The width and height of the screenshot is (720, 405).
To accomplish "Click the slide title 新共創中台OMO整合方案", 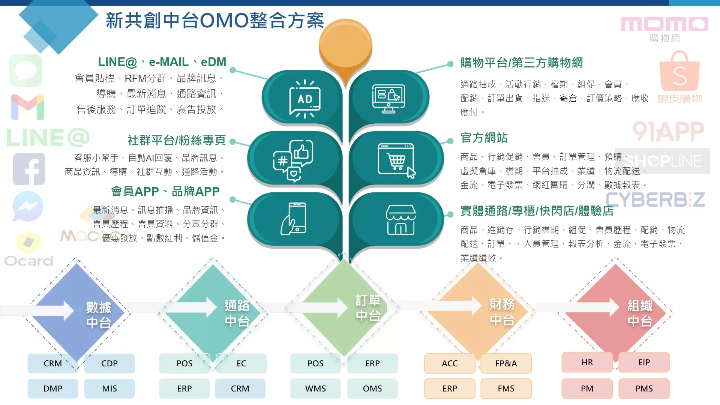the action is (215, 20).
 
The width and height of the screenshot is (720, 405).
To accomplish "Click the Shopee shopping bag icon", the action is (679, 71).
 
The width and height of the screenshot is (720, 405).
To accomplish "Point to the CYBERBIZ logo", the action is (655, 199).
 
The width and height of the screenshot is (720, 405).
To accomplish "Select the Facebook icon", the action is (29, 169).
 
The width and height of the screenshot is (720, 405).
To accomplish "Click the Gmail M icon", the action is (28, 107).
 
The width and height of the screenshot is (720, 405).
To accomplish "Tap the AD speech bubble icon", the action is (305, 99).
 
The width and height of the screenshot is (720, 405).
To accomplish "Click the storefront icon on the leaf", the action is (400, 220).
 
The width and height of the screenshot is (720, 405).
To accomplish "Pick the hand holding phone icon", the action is (294, 219).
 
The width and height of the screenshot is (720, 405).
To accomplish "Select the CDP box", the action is (109, 363).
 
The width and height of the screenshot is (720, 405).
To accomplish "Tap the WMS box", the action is (315, 388).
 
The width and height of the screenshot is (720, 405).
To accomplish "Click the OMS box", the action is (372, 388).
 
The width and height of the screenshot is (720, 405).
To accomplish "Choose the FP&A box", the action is (506, 363).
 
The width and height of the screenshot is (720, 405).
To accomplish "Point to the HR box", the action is (587, 362).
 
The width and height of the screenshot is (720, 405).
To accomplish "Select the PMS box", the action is (644, 388).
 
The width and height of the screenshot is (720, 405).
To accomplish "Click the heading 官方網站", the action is (484, 138).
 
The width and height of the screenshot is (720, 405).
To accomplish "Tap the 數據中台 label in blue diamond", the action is (99, 315).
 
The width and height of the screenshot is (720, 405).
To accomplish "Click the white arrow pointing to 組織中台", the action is (577, 307).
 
